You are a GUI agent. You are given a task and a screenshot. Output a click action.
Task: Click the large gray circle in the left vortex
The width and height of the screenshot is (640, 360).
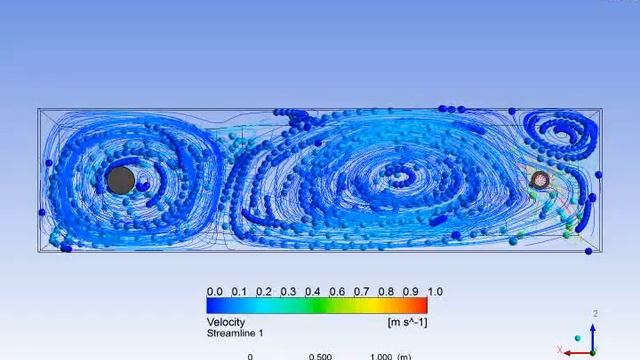click(121, 180)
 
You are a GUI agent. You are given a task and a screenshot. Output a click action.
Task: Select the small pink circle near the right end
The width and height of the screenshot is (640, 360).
click(541, 180)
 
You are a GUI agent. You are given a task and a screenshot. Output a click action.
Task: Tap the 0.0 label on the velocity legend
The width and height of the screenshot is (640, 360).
click(215, 291)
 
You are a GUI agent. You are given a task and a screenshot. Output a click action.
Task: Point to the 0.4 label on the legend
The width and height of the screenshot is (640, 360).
click(313, 291)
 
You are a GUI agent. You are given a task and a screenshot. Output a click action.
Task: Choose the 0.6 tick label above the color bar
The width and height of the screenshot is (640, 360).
click(337, 291)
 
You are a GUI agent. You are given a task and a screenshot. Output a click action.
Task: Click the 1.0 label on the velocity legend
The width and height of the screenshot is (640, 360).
click(435, 291)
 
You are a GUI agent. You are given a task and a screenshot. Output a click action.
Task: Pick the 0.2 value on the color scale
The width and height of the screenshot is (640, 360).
click(264, 291)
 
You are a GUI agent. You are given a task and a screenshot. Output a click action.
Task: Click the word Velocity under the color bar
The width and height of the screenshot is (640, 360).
click(226, 322)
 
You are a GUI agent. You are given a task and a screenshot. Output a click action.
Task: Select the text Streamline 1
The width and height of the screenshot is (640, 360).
click(235, 333)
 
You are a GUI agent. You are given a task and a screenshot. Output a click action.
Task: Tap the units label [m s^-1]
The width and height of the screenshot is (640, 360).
click(407, 322)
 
